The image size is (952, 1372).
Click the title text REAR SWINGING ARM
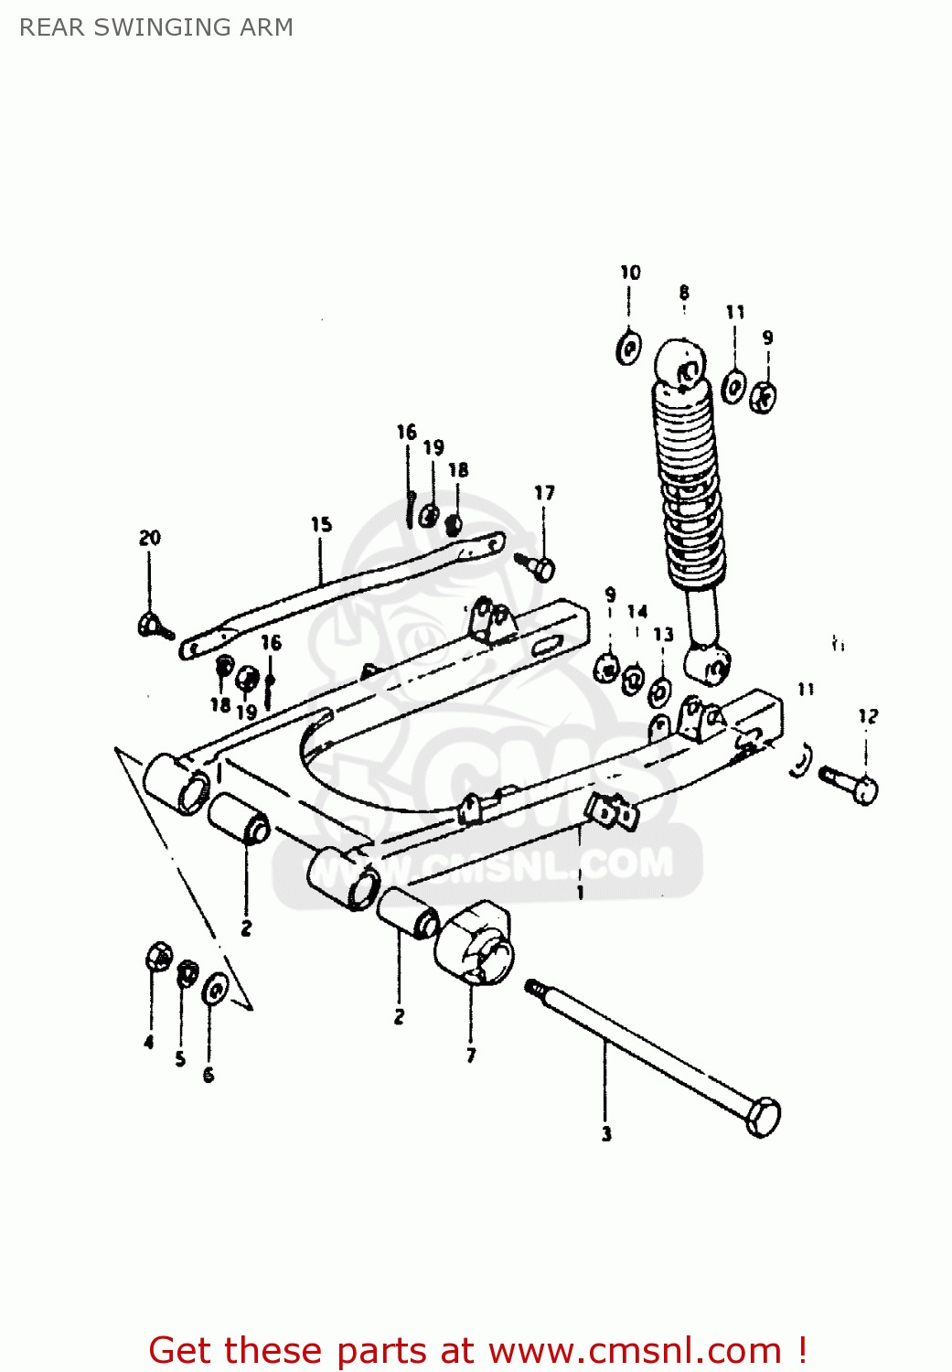[x=156, y=27]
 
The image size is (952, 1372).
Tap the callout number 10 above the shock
[x=630, y=273]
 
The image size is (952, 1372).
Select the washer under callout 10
[x=628, y=348]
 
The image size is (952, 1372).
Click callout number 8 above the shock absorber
[x=684, y=293]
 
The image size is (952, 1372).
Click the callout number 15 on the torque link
[x=321, y=524]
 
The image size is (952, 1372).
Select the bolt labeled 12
[x=850, y=785]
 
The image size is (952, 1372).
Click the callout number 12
[x=868, y=716]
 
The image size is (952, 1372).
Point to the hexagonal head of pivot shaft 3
[x=762, y=1117]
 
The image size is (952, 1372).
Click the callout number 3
[x=606, y=1134]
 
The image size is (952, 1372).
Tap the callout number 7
[x=471, y=1056]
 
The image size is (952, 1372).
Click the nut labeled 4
[x=158, y=958]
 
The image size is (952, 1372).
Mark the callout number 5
[x=180, y=1058]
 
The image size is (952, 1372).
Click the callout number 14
[x=637, y=612]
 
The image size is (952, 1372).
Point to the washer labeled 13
[x=659, y=691]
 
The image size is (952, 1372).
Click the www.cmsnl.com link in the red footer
[x=635, y=1350]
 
